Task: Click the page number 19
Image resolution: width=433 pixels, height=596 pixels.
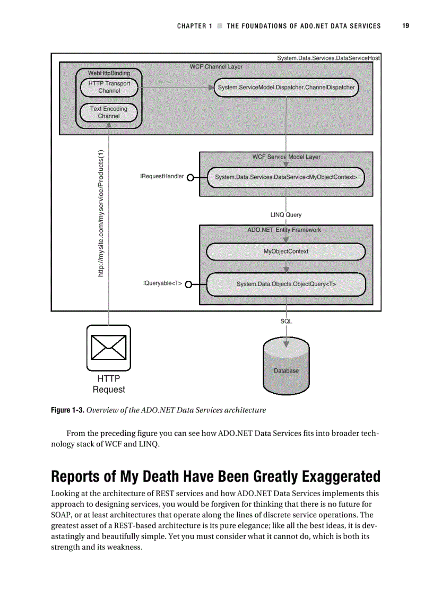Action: pyautogui.click(x=405, y=25)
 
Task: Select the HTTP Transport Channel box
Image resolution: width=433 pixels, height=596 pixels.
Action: pyautogui.click(x=109, y=87)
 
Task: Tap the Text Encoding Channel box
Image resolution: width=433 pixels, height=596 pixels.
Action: pyautogui.click(x=109, y=113)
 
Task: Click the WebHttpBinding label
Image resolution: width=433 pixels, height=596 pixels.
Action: pyautogui.click(x=109, y=73)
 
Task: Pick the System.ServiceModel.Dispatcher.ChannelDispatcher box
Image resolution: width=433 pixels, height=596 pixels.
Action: pyautogui.click(x=286, y=87)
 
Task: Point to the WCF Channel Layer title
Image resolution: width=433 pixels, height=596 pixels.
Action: pyautogui.click(x=216, y=67)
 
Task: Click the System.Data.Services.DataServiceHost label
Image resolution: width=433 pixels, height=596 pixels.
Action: pyautogui.click(x=328, y=57)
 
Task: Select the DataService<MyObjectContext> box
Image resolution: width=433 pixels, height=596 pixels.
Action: pyautogui.click(x=286, y=177)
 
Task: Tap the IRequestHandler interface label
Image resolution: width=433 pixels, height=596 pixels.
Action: pyautogui.click(x=162, y=176)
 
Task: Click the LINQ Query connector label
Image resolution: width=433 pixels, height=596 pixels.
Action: pyautogui.click(x=286, y=215)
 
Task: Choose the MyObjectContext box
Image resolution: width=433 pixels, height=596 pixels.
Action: pyautogui.click(x=286, y=251)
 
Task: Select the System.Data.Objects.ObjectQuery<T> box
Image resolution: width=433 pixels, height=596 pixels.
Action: pyautogui.click(x=286, y=284)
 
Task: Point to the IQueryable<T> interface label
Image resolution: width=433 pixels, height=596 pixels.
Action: pyautogui.click(x=162, y=283)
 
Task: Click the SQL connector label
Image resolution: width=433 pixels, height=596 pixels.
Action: pyautogui.click(x=286, y=321)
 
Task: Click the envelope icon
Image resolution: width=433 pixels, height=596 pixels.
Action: pyautogui.click(x=109, y=348)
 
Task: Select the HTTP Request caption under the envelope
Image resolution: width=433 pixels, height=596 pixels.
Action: pyautogui.click(x=109, y=384)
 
